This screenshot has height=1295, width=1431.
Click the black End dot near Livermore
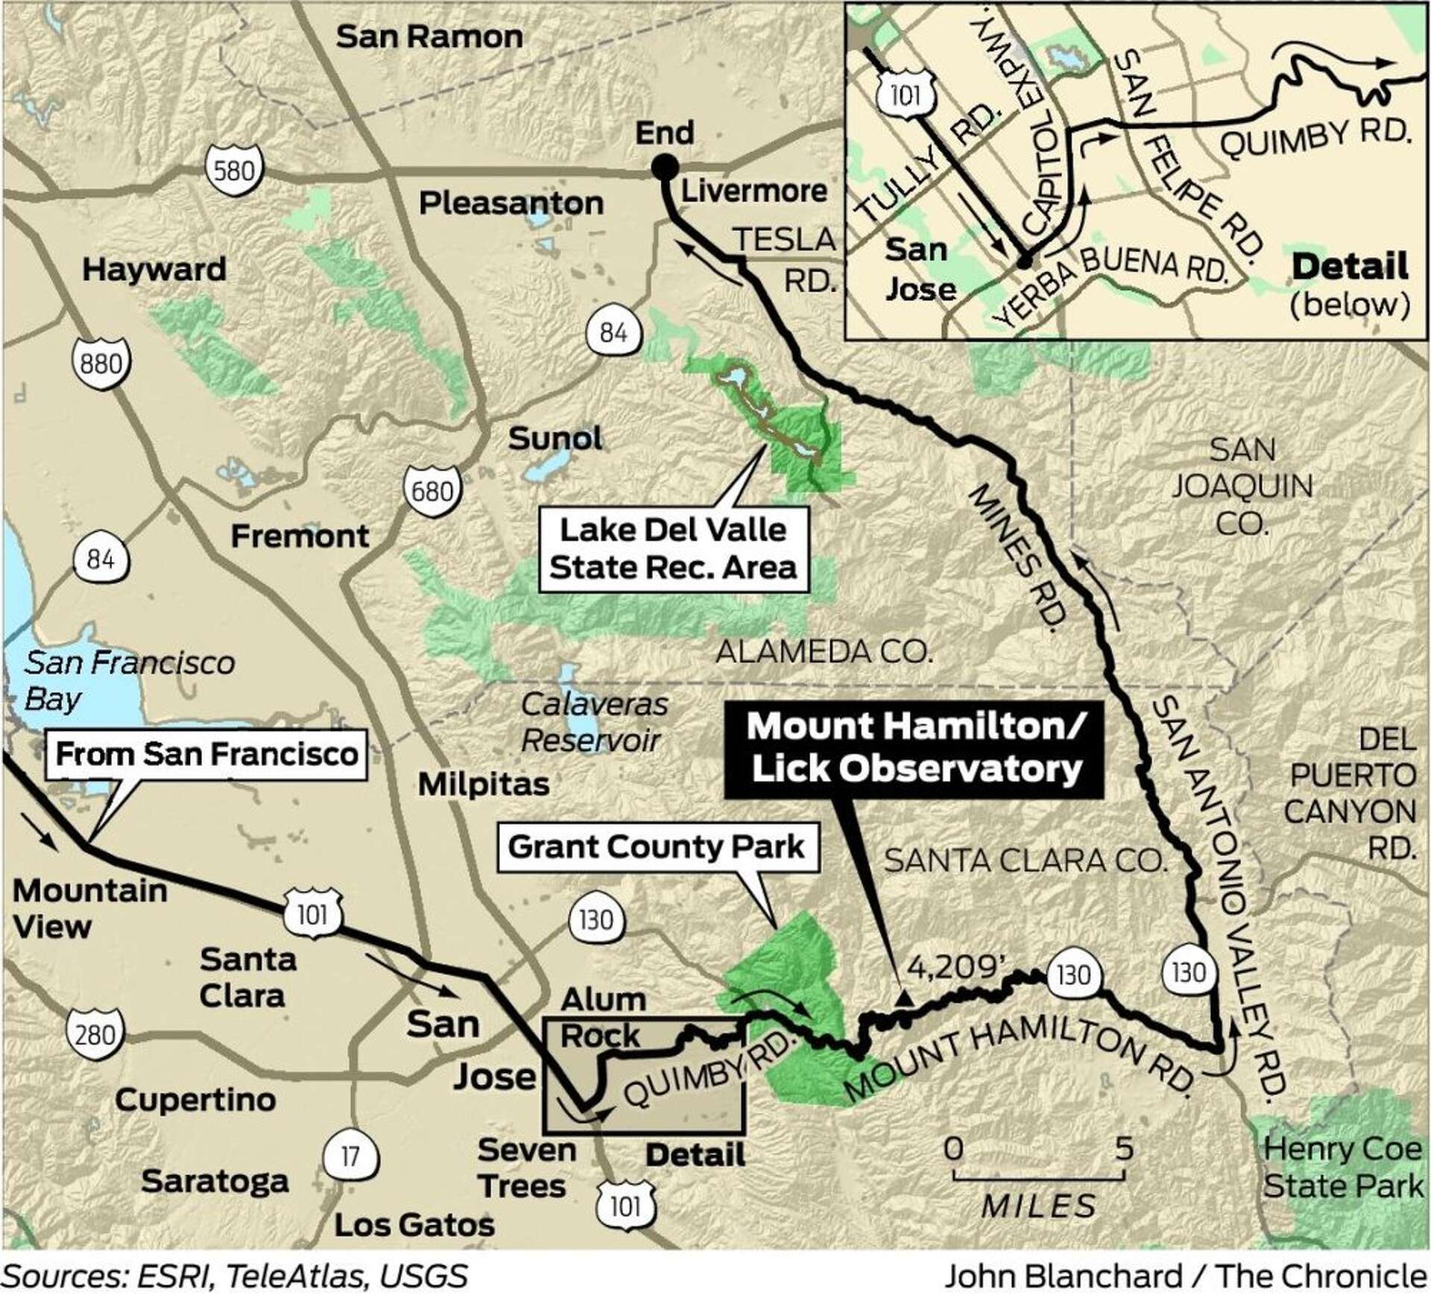(x=664, y=167)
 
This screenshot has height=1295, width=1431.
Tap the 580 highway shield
(x=234, y=171)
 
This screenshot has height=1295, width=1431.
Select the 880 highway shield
(x=101, y=364)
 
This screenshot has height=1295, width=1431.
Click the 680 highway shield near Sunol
(x=432, y=491)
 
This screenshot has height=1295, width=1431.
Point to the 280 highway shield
(x=95, y=1035)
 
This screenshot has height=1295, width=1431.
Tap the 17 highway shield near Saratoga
(x=350, y=1156)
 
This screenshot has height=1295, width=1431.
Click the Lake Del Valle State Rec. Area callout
(x=673, y=550)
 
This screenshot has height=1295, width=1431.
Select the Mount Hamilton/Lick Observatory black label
(x=914, y=747)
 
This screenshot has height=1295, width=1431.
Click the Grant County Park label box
(x=656, y=847)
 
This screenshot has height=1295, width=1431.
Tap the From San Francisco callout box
(x=207, y=754)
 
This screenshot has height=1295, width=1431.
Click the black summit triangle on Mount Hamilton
(x=903, y=1000)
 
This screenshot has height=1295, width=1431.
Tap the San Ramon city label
(x=429, y=37)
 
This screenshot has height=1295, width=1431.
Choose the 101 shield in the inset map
(x=905, y=95)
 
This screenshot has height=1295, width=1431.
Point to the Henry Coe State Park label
(x=1343, y=1167)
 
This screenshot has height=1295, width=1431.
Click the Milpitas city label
(x=484, y=784)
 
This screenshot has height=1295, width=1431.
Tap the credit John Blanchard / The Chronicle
(x=1185, y=1276)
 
